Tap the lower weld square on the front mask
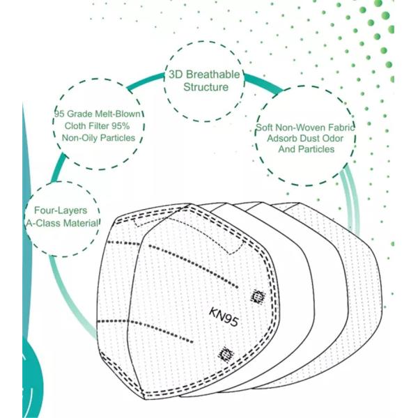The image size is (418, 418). coord(226,355)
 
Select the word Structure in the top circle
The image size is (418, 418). coord(206,87)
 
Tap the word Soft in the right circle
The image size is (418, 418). coord(263,127)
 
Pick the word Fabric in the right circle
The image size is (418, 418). coord(341,127)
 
